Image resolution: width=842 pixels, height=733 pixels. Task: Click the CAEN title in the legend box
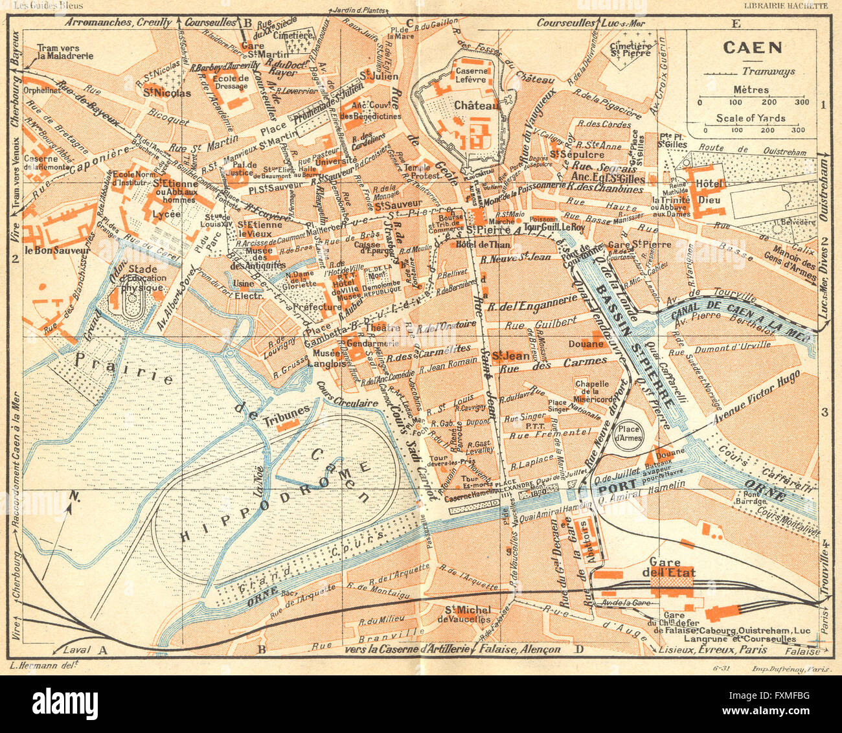tap(752, 47)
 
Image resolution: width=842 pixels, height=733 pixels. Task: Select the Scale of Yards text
tap(751, 118)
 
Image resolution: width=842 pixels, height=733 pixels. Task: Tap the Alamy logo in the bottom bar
tap(65, 703)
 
